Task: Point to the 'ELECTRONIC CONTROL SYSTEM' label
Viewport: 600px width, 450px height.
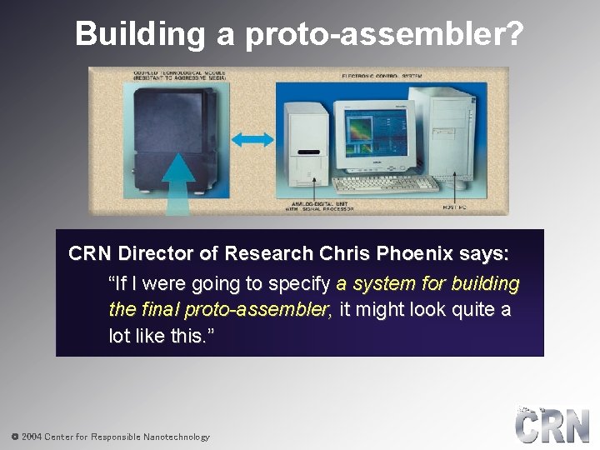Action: [382, 75]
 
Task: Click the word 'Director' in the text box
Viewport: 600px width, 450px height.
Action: [152, 252]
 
